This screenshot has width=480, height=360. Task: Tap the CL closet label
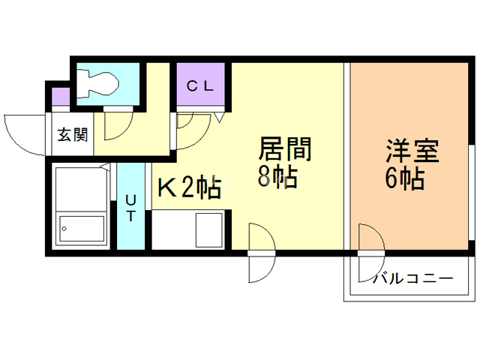coord(200,85)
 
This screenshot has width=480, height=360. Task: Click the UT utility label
coord(130,208)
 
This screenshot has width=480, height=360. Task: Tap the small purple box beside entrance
coord(61,97)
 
